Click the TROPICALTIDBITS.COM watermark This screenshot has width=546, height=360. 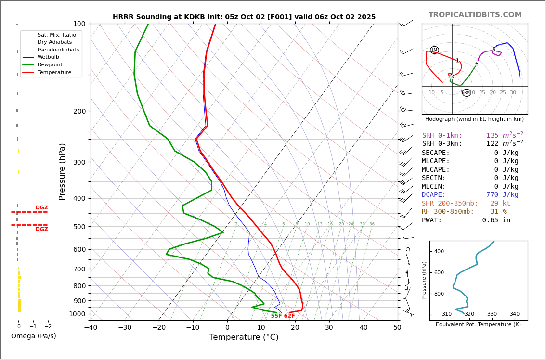click(475, 15)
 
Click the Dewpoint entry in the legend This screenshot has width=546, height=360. click(50, 64)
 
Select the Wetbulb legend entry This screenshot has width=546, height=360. click(48, 57)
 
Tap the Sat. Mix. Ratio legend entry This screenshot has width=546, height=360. click(56, 35)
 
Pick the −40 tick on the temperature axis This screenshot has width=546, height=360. click(91, 328)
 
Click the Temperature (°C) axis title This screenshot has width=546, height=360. click(244, 337)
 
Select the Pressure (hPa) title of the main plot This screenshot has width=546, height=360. click(63, 171)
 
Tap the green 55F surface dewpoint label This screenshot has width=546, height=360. click(276, 316)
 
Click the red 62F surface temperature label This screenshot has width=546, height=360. click(289, 316)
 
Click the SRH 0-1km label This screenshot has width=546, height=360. click(442, 136)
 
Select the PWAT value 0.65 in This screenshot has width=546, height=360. click(496, 220)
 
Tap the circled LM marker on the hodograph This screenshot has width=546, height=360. click(434, 50)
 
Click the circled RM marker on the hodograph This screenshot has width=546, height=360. click(467, 92)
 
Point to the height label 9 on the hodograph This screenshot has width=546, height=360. click(494, 50)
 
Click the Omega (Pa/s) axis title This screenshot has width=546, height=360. click(33, 336)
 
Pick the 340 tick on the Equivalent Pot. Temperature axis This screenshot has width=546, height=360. click(514, 314)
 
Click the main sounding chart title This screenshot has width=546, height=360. click(244, 17)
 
